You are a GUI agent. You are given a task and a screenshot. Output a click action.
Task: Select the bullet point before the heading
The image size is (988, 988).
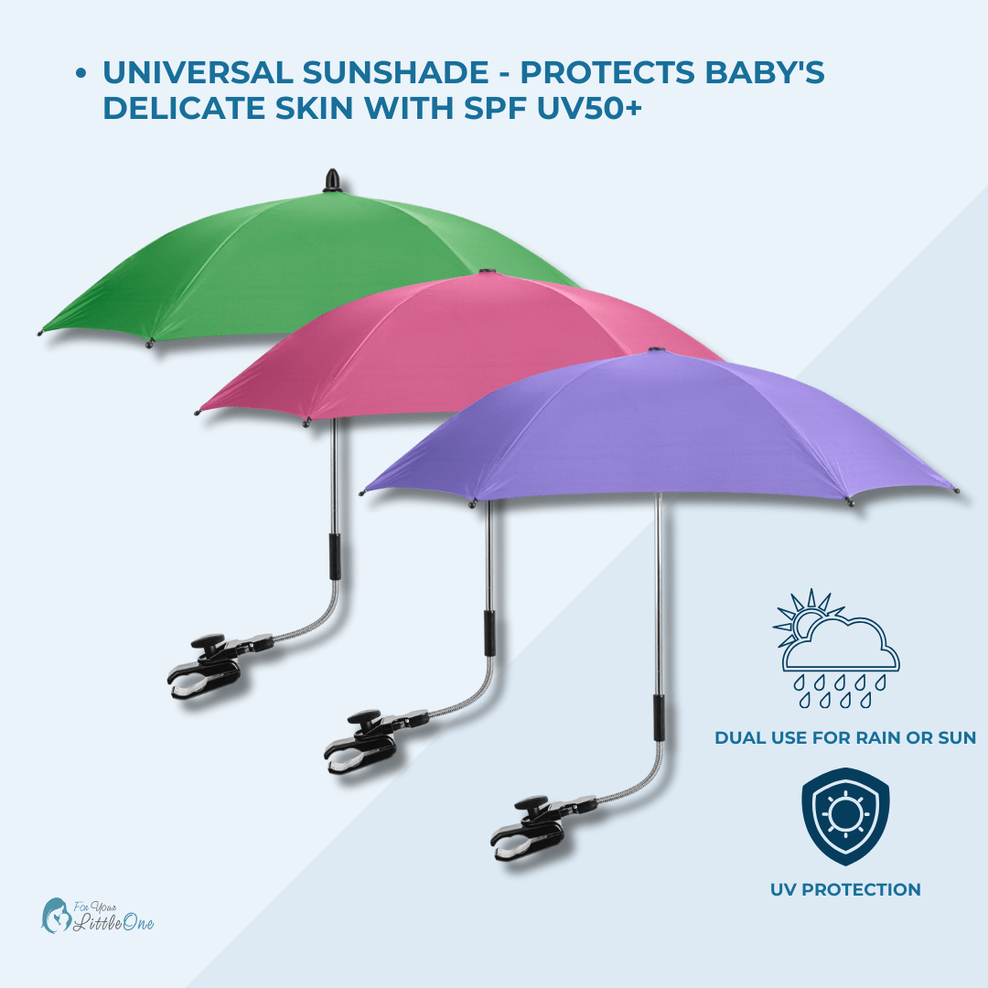[x=81, y=74]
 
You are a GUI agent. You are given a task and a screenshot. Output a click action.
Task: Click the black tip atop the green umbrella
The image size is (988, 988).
[x=331, y=180]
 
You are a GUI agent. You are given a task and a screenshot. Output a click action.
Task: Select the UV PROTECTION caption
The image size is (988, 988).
[x=844, y=889]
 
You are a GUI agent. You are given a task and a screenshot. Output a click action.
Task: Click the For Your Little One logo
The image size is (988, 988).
[x=98, y=915]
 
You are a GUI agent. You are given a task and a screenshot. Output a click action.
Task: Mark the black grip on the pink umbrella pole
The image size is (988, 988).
[x=490, y=631]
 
